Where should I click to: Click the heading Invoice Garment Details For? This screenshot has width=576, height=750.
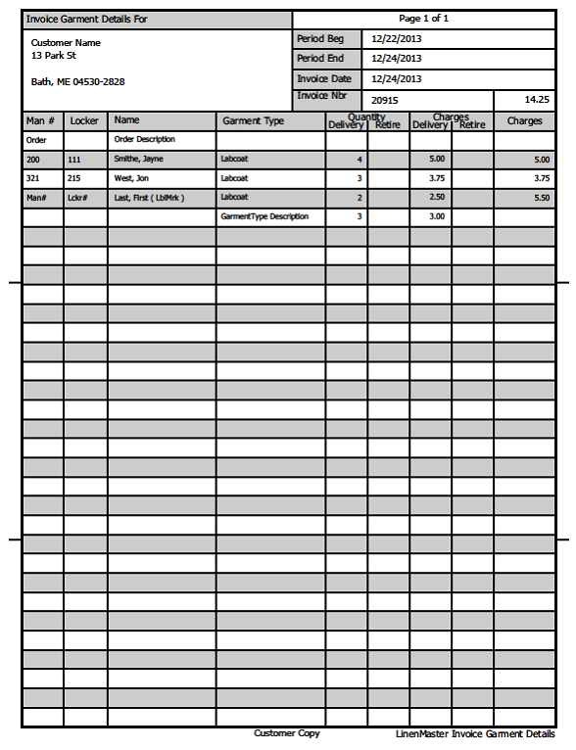click(87, 19)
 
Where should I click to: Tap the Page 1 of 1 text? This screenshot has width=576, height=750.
click(424, 19)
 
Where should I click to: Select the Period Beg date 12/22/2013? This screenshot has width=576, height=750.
click(397, 38)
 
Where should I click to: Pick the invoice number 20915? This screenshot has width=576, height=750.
click(385, 100)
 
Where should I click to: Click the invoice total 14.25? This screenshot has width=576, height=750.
click(537, 100)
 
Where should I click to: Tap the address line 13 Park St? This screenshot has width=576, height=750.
click(54, 56)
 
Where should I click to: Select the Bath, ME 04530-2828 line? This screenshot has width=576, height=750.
click(77, 82)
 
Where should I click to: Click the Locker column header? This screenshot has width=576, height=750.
click(85, 121)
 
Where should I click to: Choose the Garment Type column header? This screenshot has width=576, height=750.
click(253, 121)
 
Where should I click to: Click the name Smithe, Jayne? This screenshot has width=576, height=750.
click(139, 159)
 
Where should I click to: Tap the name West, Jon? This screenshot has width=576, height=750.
click(132, 178)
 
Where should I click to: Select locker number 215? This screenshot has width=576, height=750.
click(73, 178)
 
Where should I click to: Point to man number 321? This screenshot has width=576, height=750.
click(33, 178)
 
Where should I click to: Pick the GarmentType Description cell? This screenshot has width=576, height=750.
click(264, 216)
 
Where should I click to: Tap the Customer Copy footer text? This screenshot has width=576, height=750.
click(286, 733)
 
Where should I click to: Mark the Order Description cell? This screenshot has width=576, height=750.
click(145, 140)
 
